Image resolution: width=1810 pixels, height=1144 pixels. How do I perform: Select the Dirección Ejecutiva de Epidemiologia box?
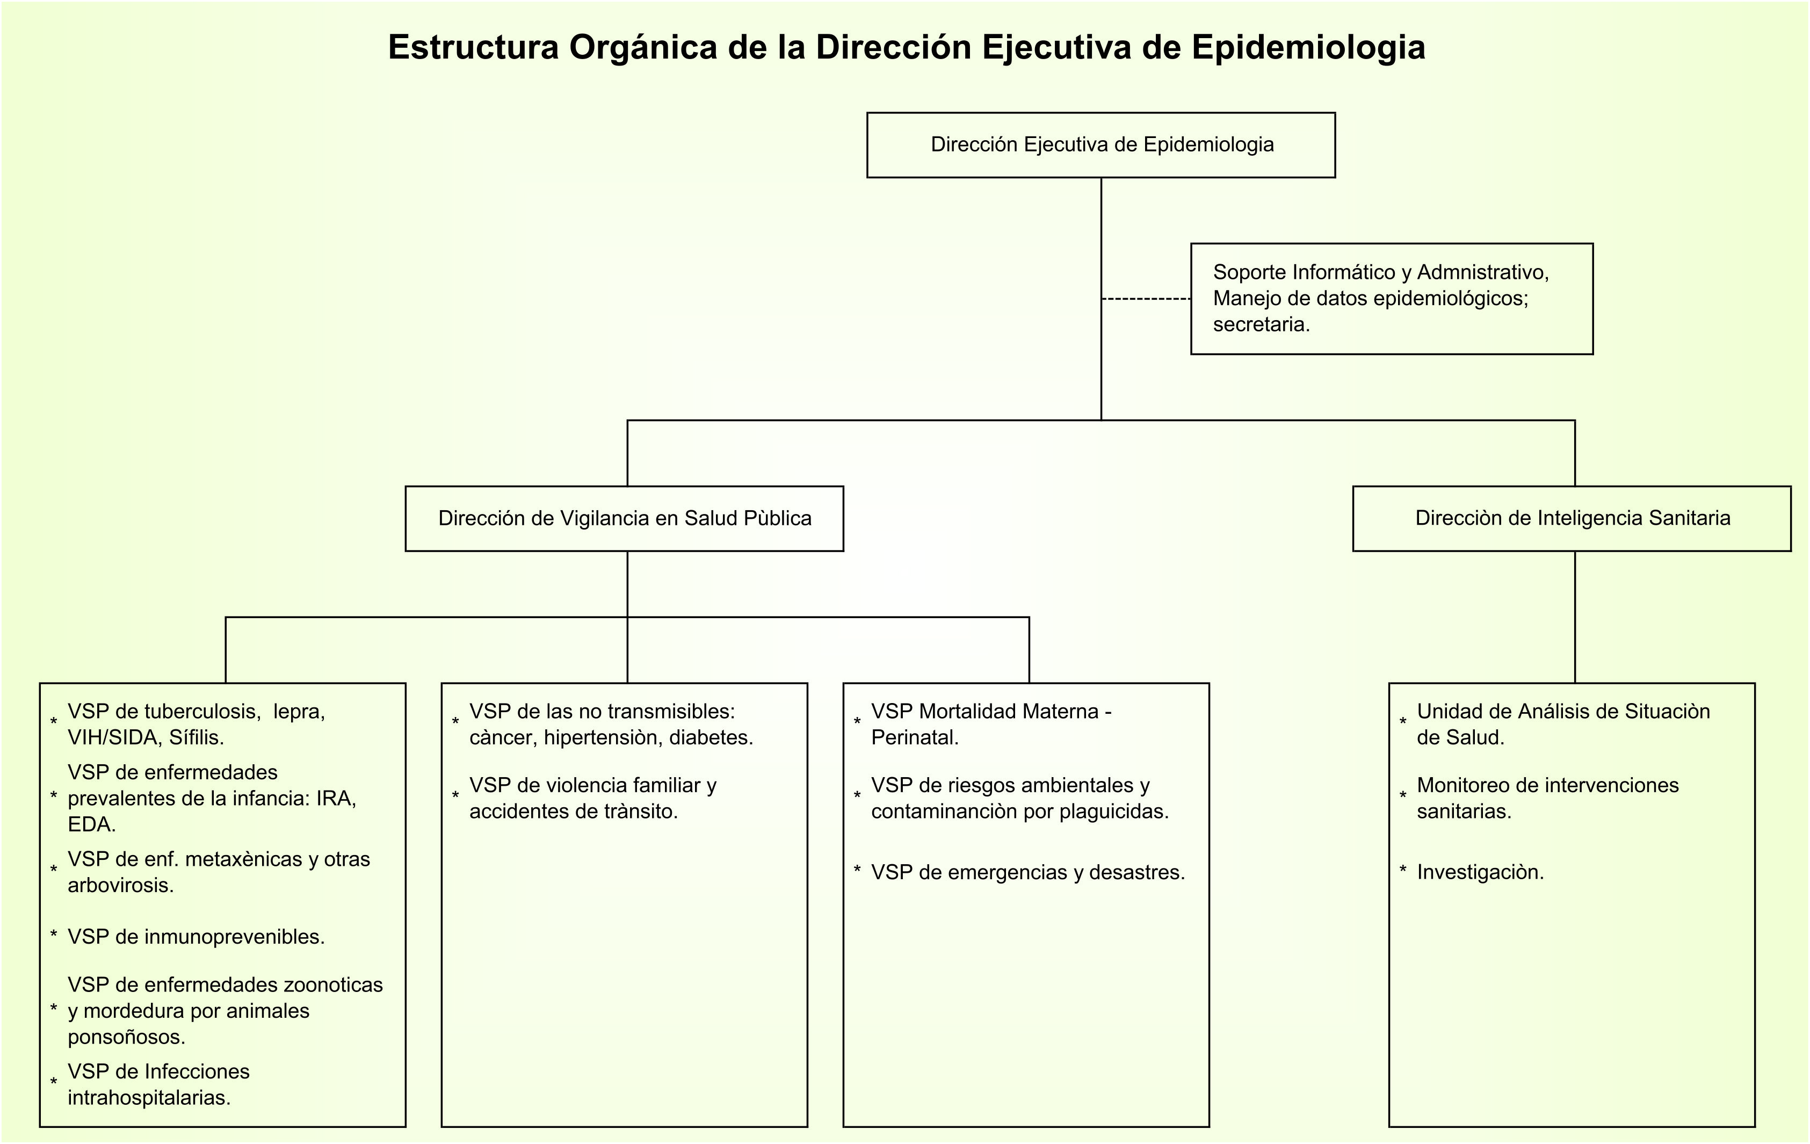coord(1101,145)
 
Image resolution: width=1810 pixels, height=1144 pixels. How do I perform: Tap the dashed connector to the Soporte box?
coord(1146,299)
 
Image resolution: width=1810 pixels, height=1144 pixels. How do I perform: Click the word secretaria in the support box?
coord(1261,325)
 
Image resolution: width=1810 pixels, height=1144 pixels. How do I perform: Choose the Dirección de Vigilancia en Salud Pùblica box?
coord(624,519)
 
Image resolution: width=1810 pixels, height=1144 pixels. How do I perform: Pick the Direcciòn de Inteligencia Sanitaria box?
coord(1572,519)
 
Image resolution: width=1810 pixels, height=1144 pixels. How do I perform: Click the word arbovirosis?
coord(120,886)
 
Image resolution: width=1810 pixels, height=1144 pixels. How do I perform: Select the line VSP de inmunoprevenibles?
coord(196,937)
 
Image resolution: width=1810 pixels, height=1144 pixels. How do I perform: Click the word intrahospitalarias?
coord(149,1098)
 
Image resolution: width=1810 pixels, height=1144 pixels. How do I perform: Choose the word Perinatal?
coord(915,738)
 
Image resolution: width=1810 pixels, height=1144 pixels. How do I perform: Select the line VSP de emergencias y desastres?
coord(1027,873)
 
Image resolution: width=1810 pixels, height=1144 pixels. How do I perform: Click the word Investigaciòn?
coord(1480,873)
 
